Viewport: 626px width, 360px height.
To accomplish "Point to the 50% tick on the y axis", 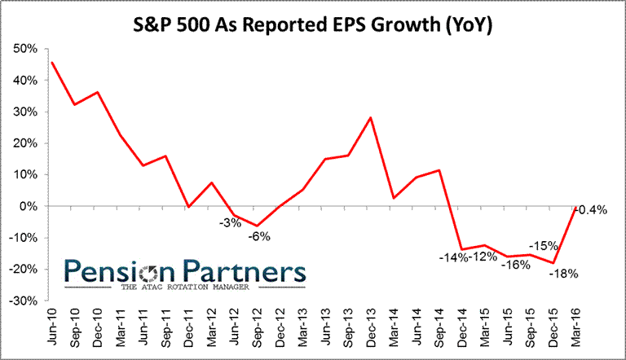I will tap(25, 49).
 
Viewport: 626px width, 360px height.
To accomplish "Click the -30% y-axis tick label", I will tap(23, 301).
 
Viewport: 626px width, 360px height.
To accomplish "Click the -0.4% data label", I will tap(593, 210).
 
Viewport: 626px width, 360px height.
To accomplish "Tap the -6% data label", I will tap(259, 236).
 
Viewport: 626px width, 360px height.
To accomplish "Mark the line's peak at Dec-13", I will tap(371, 117).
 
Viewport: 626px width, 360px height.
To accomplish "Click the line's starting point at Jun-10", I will tap(52, 62).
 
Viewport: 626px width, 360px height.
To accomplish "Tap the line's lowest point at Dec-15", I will tap(554, 263).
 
